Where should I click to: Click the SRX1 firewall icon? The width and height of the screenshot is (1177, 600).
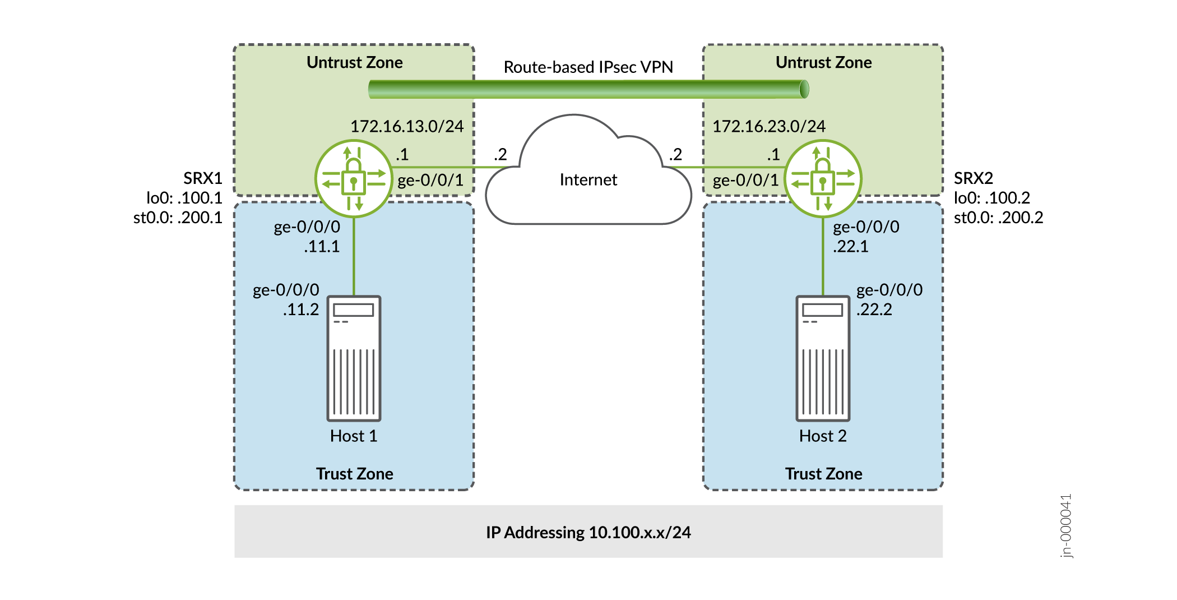pos(354,179)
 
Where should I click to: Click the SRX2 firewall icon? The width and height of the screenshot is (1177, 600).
pos(823,179)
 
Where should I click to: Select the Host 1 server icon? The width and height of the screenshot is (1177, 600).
pos(354,358)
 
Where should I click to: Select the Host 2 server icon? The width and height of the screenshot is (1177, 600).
pos(823,358)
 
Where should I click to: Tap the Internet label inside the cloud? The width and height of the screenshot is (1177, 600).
pos(588,179)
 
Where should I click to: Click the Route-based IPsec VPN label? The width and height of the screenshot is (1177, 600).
pos(588,67)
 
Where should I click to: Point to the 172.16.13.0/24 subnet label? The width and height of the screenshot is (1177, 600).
pos(407,126)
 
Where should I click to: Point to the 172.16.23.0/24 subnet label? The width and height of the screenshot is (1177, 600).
pos(768,126)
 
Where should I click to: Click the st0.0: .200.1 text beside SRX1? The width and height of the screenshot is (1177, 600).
pos(178,218)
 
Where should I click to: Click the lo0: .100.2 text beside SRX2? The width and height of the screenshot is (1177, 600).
pos(991,198)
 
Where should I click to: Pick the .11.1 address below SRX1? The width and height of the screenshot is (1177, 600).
pos(322,247)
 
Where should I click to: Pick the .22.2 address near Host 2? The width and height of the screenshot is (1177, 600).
pos(874,310)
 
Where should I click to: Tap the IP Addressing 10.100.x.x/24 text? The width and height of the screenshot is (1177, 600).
pos(588,532)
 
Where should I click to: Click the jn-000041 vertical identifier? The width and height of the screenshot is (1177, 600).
pos(1066,525)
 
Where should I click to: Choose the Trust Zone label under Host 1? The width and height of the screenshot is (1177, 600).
pos(354,474)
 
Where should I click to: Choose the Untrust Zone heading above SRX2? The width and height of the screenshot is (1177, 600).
pos(823,62)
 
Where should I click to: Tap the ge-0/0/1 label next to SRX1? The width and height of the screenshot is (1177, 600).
pos(430,180)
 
